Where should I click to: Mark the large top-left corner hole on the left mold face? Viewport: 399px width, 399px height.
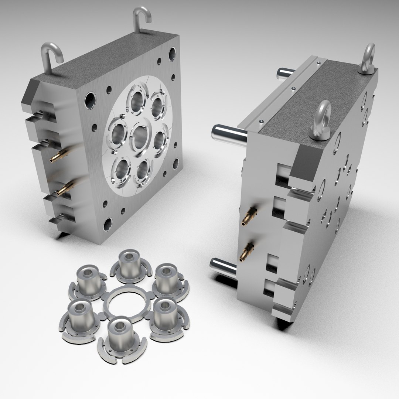[x=90, y=99]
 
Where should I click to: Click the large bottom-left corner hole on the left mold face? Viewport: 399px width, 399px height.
[x=108, y=224]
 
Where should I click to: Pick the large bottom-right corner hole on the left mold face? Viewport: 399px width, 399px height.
[x=176, y=163]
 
